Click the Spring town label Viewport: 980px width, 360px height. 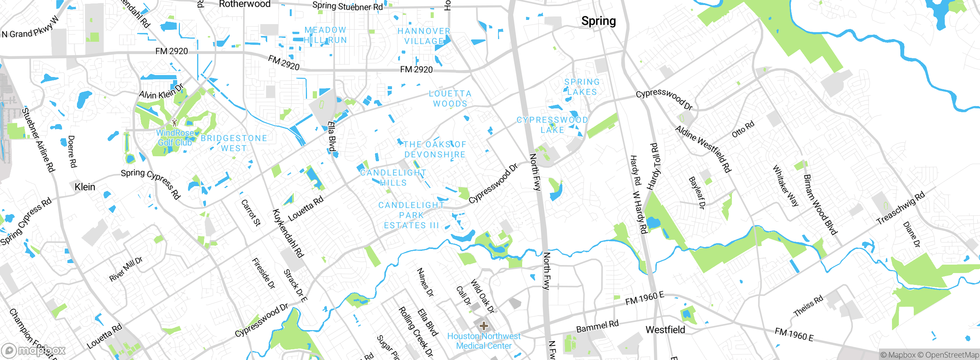[598, 21]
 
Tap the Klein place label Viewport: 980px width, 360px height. [85, 187]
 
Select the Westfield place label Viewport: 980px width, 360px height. [665, 330]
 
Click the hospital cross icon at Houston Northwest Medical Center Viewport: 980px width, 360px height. [484, 326]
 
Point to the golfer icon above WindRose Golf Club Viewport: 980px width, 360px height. [175, 123]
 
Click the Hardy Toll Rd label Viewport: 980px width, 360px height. [654, 167]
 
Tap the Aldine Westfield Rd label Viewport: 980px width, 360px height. [703, 149]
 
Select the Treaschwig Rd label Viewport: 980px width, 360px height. [900, 208]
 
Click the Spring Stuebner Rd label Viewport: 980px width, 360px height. [347, 6]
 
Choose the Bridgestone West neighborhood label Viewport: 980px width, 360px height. [234, 143]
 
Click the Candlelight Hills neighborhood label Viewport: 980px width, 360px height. [393, 178]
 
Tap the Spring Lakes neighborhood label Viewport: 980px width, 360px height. [582, 87]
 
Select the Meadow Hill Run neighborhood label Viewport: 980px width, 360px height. [325, 35]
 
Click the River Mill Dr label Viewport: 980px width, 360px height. [126, 269]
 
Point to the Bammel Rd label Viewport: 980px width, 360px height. [597, 326]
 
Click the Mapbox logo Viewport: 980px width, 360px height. [34, 350]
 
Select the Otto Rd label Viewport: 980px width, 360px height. [743, 129]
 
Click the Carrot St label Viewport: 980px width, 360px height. [251, 213]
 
